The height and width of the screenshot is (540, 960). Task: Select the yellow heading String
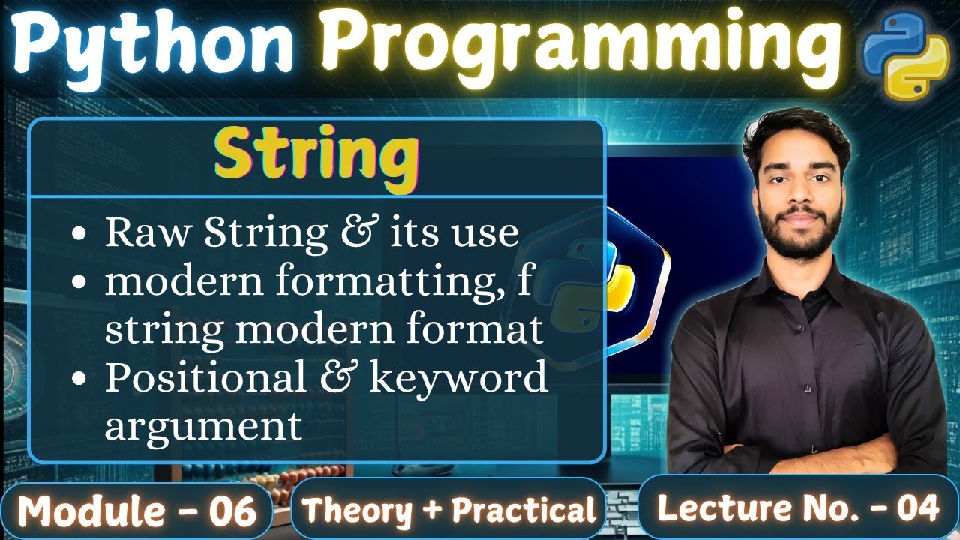click(317, 158)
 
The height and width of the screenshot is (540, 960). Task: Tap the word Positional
click(205, 376)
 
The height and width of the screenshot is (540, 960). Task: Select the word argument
click(203, 427)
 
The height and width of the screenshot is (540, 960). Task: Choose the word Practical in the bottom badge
click(523, 510)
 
